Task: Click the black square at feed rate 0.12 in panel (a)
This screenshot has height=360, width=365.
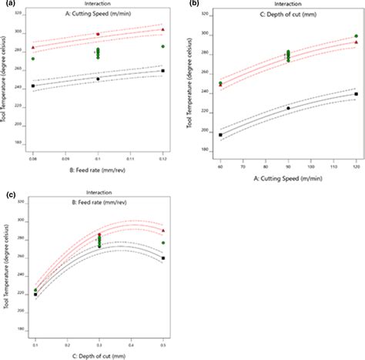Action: coord(162,71)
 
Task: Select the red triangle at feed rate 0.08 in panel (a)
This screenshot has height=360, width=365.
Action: coord(32,47)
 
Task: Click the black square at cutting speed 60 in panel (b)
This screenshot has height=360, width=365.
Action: coord(220,135)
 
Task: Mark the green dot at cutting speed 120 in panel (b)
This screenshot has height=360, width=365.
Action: coord(356,36)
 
